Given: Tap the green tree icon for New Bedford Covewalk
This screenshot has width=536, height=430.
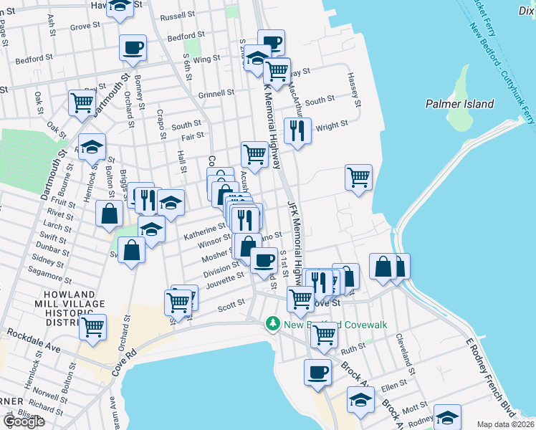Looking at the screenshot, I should (x=272, y=325).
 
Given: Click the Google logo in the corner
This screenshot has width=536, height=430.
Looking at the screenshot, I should (x=24, y=421).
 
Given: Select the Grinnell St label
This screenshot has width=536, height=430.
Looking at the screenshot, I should (x=216, y=93).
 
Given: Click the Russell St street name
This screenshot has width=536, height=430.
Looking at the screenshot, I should (x=178, y=15).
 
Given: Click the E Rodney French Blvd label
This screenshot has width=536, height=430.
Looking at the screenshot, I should (x=490, y=373).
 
